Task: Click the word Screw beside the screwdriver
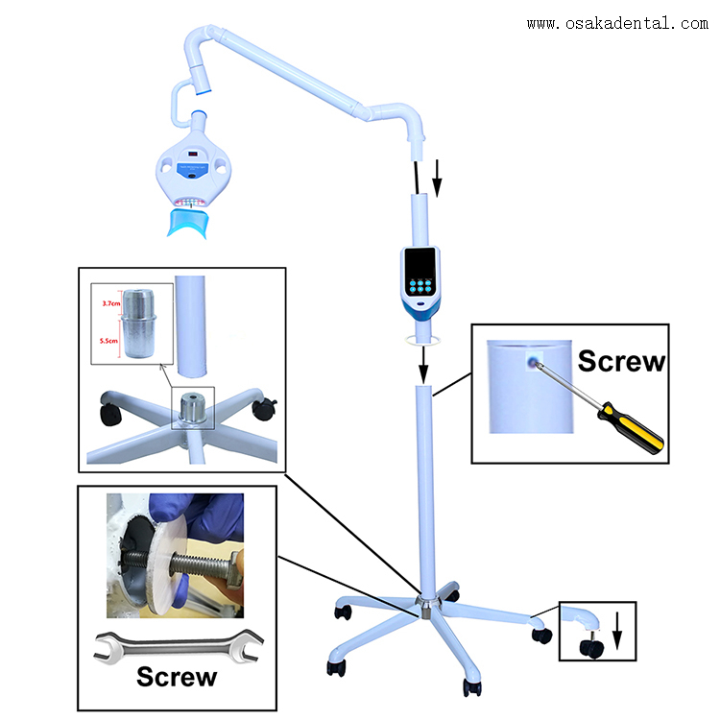point(620,362)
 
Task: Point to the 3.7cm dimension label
point(111,303)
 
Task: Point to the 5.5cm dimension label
point(111,339)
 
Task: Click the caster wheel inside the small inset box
point(587,648)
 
